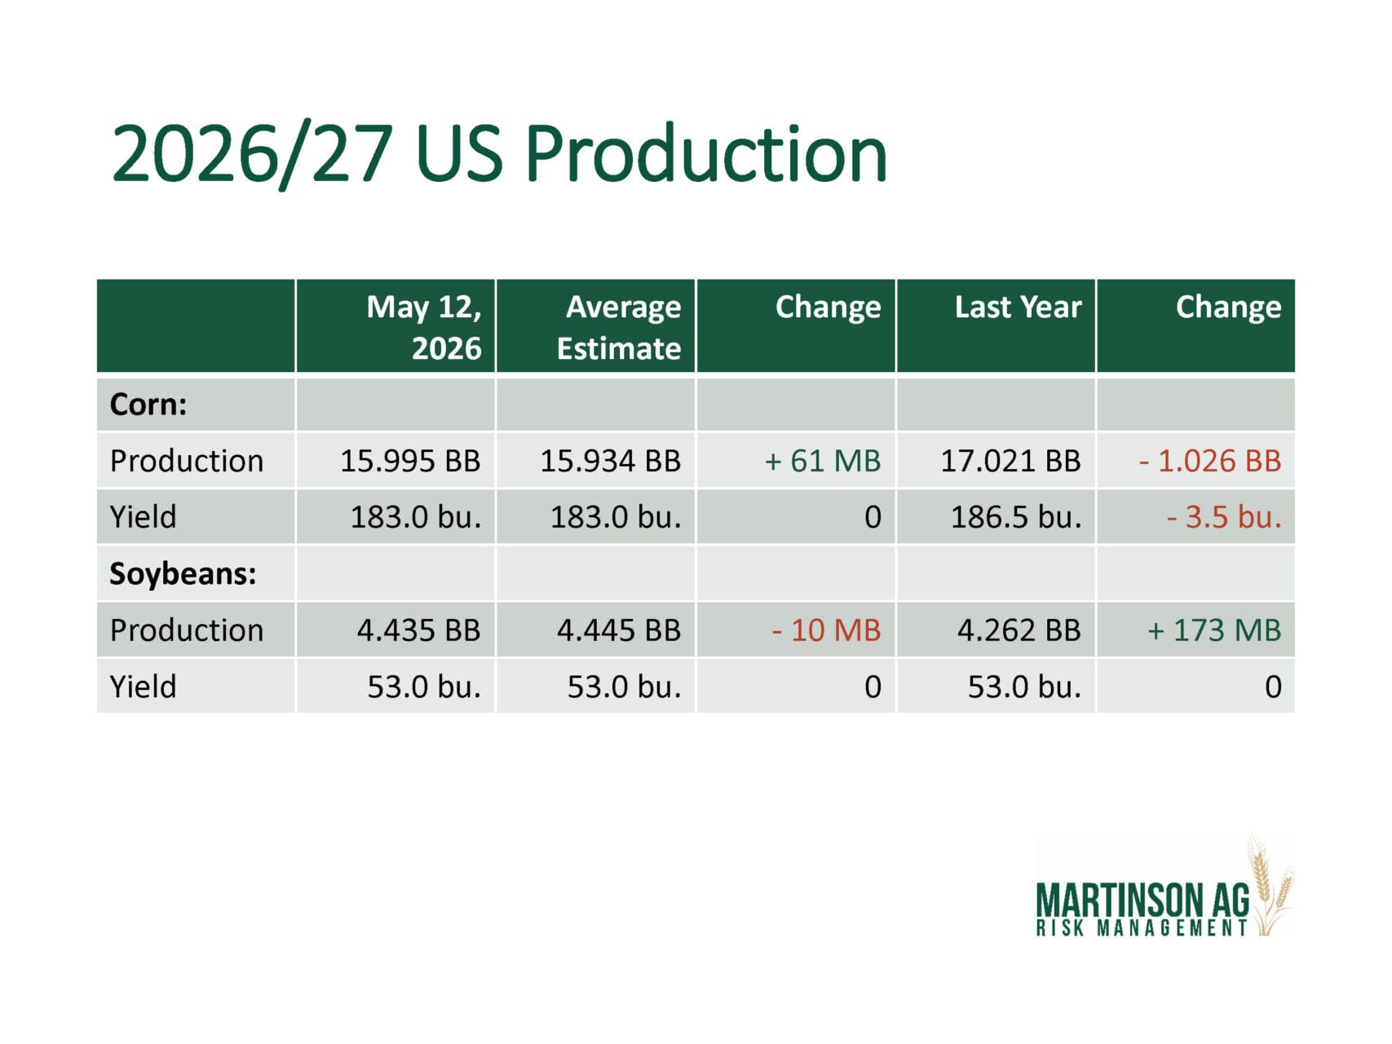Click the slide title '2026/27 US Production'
499,154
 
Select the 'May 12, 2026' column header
423,327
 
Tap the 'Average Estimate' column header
619,327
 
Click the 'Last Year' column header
1018,307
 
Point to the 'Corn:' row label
148,405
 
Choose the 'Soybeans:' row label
183,573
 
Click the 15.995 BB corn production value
410,461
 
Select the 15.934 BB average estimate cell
610,461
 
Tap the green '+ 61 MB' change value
822,461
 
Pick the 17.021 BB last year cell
1010,461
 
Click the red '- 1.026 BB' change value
1210,461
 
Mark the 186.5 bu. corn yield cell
1016,517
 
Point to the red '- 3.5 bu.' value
1224,517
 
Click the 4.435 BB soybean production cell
418,630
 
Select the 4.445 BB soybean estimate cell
618,630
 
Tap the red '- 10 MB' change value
826,630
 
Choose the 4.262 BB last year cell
1019,630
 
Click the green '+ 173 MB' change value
1214,630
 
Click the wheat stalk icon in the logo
1270,886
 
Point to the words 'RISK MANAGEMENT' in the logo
1142,928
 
